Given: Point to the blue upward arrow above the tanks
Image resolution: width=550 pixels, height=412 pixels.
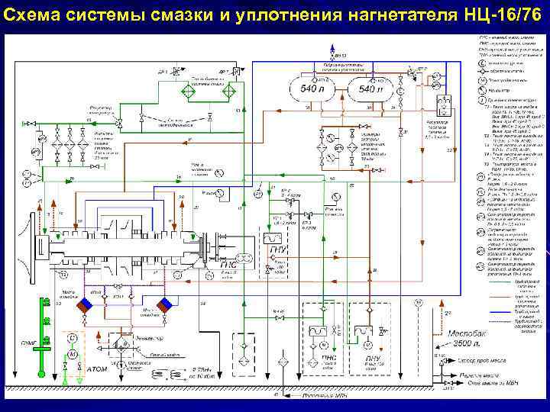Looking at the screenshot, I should click(334, 54).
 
